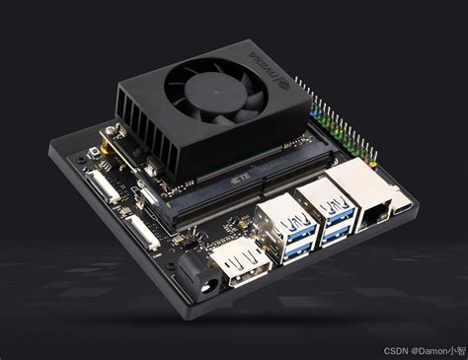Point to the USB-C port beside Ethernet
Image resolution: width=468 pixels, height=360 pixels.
404,207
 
